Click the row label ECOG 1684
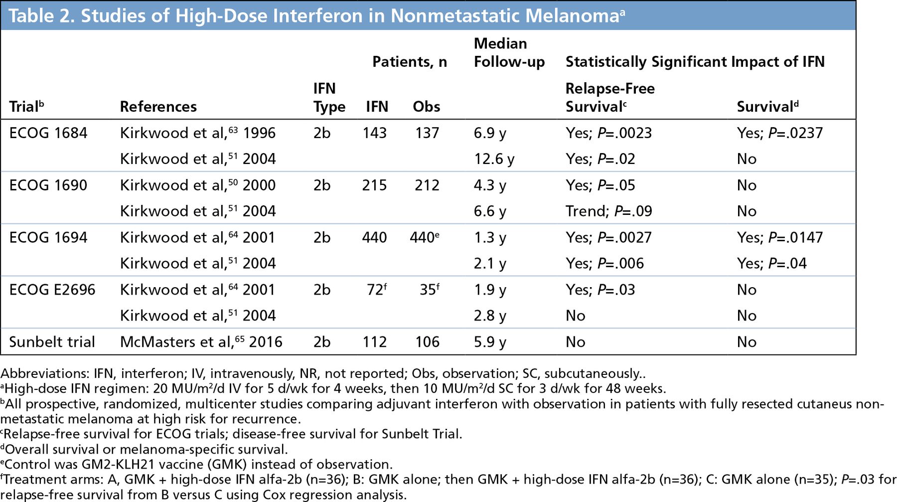coord(48,133)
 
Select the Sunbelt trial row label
coord(52,342)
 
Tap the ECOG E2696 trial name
coord(52,290)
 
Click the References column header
coord(158,107)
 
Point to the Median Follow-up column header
coord(509,52)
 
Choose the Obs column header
coord(426,107)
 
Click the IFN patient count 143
coord(374,133)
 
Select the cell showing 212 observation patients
coord(427,185)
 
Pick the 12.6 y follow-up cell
coord(494,159)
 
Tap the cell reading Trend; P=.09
coord(608,211)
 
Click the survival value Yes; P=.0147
coord(779,237)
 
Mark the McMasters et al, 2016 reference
coord(201,342)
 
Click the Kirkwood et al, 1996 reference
coord(197,133)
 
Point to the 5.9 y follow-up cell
coord(490,342)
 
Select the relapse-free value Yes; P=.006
coord(604,264)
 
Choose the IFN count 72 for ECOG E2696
coord(375,290)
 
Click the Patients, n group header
coord(410,62)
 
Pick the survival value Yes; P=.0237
coord(779,133)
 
